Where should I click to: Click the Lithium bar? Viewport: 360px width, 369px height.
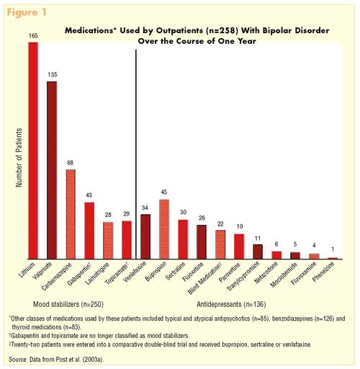click(33, 151)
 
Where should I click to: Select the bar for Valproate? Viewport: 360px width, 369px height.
click(52, 170)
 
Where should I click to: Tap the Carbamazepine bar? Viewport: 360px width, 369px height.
click(71, 214)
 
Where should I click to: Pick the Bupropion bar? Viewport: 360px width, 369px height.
click(164, 229)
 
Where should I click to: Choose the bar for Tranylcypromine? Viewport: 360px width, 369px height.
click(258, 252)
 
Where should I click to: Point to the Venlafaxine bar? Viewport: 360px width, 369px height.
click(145, 236)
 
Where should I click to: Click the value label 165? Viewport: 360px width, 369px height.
click(33, 36)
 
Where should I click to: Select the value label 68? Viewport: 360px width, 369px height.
click(70, 163)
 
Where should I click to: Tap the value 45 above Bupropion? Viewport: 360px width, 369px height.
click(164, 192)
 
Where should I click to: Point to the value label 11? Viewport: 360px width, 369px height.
click(258, 239)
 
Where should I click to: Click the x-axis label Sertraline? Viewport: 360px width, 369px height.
click(176, 271)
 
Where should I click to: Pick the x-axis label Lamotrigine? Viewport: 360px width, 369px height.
click(98, 273)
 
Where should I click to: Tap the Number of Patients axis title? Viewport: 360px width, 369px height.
click(19, 158)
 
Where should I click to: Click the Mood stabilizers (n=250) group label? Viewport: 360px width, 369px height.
click(68, 304)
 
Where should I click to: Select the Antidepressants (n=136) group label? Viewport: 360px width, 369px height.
click(231, 304)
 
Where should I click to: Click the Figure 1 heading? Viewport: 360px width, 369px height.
click(27, 12)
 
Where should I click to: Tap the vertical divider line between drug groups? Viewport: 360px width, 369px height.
click(136, 154)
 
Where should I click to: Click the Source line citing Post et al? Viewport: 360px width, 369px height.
click(56, 360)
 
